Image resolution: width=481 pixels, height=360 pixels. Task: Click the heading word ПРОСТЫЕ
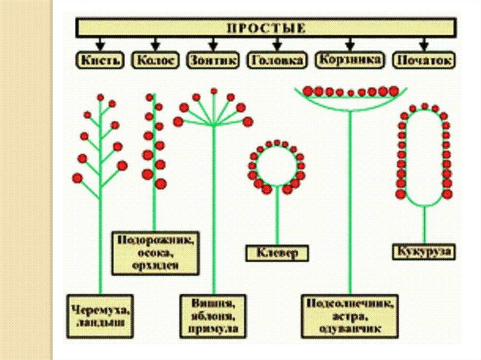click(x=266, y=28)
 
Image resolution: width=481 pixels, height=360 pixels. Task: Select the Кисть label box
click(x=100, y=60)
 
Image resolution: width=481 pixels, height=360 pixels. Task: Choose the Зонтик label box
click(x=213, y=60)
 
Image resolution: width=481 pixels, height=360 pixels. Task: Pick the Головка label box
click(x=277, y=60)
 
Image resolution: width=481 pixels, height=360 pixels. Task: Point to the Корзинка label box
click(x=350, y=60)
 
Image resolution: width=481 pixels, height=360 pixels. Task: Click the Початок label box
click(x=424, y=60)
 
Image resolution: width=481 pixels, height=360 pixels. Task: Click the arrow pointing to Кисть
click(x=100, y=45)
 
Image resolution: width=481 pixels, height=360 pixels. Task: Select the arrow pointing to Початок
click(x=424, y=45)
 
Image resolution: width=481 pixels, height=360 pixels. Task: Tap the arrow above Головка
click(x=277, y=45)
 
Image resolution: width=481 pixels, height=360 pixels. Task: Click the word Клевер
click(x=277, y=253)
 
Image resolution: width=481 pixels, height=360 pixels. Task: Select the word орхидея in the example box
click(x=155, y=265)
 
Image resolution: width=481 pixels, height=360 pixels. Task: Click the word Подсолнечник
click(x=349, y=303)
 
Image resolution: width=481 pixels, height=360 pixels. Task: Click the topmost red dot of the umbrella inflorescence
click(x=214, y=91)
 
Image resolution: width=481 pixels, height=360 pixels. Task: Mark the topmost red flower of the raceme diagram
click(x=100, y=97)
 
